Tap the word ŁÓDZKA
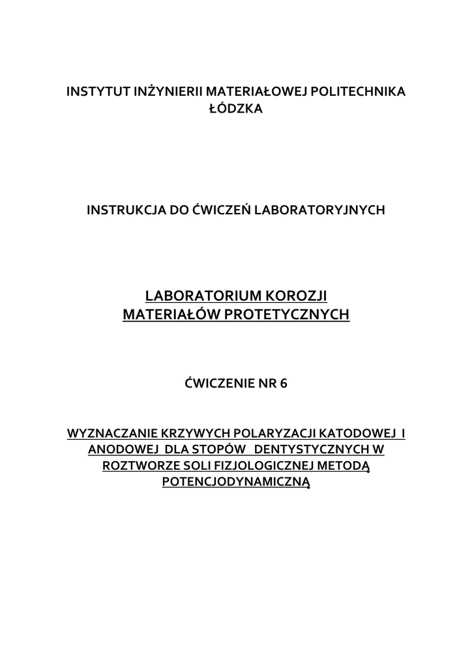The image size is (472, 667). (235, 109)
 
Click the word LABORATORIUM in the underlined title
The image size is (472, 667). (198, 296)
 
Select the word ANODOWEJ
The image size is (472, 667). (123, 449)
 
